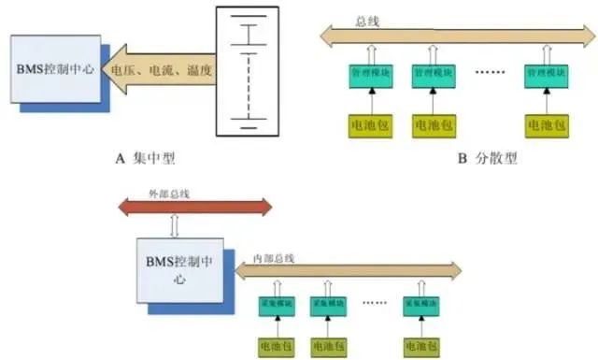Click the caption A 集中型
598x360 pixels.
[145, 160]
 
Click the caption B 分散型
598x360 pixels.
[487, 160]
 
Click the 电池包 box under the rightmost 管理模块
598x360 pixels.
[545, 122]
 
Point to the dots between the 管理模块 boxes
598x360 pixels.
[490, 72]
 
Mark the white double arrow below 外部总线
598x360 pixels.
[174, 227]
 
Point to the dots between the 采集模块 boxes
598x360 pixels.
[376, 304]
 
